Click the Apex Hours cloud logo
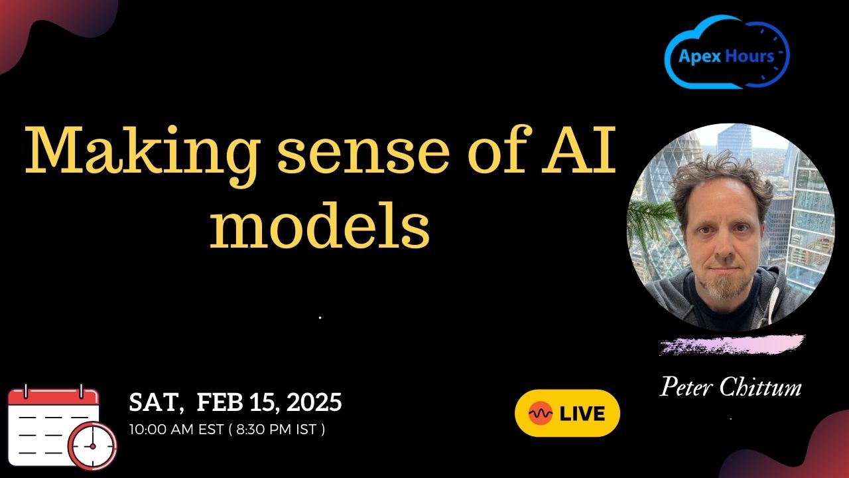(726, 52)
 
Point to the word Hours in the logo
(750, 56)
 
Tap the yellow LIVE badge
(567, 413)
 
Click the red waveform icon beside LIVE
(540, 413)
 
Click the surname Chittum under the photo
(760, 387)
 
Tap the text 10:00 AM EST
(176, 430)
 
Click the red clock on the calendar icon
(92, 446)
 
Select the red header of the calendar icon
(54, 397)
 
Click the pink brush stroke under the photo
(732, 345)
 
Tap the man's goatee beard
(724, 285)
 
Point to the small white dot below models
(320, 317)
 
